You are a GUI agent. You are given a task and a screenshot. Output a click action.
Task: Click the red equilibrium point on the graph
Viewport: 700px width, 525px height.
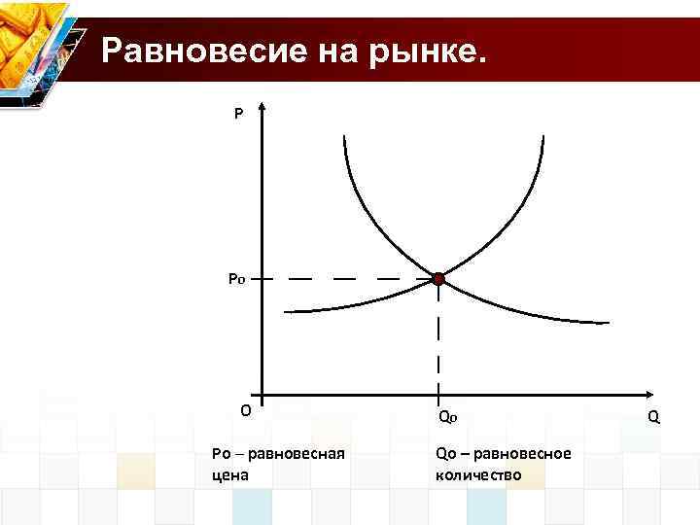click(x=438, y=279)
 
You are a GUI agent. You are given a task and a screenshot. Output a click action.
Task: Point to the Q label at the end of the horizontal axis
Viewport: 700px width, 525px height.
click(x=653, y=416)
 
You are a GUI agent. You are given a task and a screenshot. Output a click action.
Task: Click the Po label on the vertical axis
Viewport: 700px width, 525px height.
click(x=237, y=279)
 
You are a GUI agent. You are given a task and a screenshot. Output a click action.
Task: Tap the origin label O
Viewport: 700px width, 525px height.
click(x=246, y=409)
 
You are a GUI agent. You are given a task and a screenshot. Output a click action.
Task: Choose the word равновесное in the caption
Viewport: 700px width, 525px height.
click(x=530, y=455)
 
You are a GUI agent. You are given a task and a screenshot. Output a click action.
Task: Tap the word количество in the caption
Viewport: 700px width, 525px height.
click(x=479, y=475)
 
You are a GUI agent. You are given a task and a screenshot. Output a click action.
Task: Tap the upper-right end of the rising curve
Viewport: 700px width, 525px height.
click(x=540, y=134)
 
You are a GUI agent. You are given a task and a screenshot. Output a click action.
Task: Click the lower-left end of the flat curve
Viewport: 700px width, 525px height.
click(x=286, y=311)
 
